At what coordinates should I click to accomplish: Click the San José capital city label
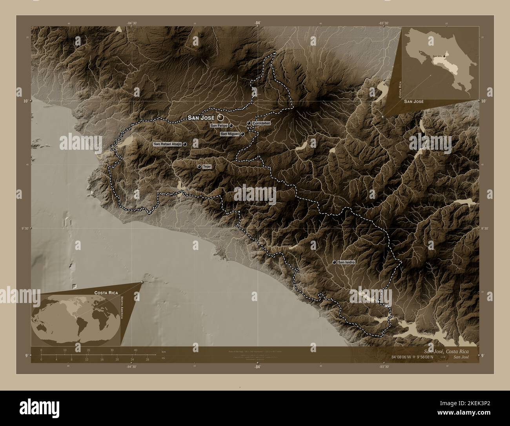tap(201, 118)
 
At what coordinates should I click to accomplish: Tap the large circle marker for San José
tap(220, 117)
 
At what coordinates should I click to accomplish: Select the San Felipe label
tap(219, 126)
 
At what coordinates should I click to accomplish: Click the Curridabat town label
tap(262, 123)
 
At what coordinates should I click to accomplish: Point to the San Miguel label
tap(229, 134)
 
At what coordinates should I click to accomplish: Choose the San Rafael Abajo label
tap(167, 144)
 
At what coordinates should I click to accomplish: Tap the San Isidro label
tap(346, 262)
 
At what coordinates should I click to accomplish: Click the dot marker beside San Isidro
tap(334, 262)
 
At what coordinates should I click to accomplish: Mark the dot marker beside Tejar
tap(199, 167)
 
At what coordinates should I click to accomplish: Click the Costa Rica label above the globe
tap(106, 293)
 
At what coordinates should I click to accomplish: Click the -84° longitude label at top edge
tap(257, 23)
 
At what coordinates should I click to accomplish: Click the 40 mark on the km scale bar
tap(135, 350)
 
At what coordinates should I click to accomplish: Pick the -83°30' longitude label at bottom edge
tap(384, 366)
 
